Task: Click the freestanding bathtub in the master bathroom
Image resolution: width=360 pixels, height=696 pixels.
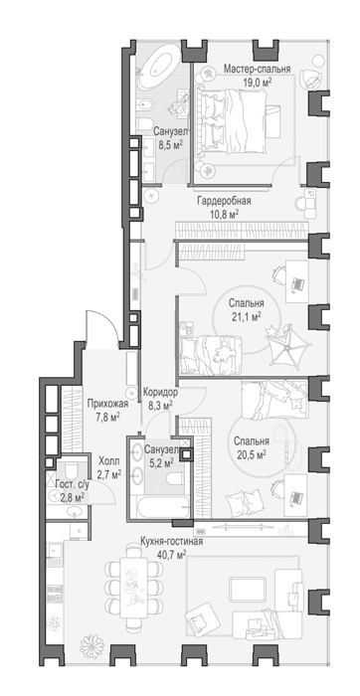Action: point(158,67)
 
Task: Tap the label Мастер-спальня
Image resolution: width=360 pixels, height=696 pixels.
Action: point(257,69)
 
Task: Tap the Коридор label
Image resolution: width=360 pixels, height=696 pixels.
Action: point(160,393)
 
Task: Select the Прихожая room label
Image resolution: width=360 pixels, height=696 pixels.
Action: point(107,404)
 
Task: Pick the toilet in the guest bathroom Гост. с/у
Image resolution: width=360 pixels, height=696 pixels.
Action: point(72,471)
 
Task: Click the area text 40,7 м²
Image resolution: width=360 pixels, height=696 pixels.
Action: point(171,554)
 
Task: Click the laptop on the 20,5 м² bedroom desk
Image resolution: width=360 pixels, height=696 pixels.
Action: point(296,497)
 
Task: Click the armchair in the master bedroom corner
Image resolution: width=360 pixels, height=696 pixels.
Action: point(311,80)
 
